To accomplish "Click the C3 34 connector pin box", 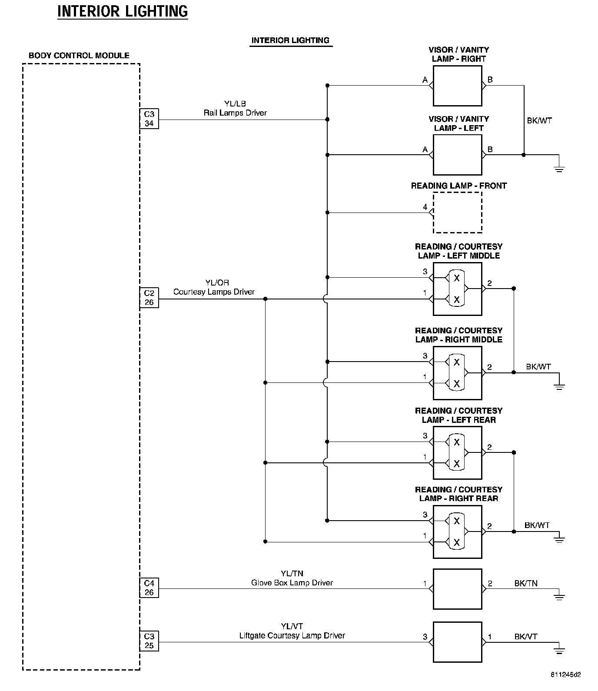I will click(x=149, y=119).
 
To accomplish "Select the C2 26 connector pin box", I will click(x=149, y=298).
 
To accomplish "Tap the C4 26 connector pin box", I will click(x=149, y=588).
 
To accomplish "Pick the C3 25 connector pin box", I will click(x=149, y=641).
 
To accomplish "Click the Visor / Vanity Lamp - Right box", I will click(x=457, y=86).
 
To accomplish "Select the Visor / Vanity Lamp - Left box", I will click(x=457, y=155).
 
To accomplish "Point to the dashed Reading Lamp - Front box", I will click(x=457, y=213).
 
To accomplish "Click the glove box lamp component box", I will click(x=457, y=589).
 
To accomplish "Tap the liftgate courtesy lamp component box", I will click(x=457, y=642).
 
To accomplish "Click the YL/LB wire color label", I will click(x=235, y=104).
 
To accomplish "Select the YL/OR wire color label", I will click(x=217, y=283).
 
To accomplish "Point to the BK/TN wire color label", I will click(x=526, y=584).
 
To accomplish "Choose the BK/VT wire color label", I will click(x=526, y=637).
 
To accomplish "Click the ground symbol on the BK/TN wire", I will click(x=559, y=596).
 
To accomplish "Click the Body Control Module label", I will click(x=79, y=56).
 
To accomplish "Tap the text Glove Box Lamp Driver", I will click(x=292, y=583).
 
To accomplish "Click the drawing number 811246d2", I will click(x=565, y=675).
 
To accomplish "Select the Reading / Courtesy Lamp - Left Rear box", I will click(x=457, y=452).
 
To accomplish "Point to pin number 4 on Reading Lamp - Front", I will click(x=425, y=207).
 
